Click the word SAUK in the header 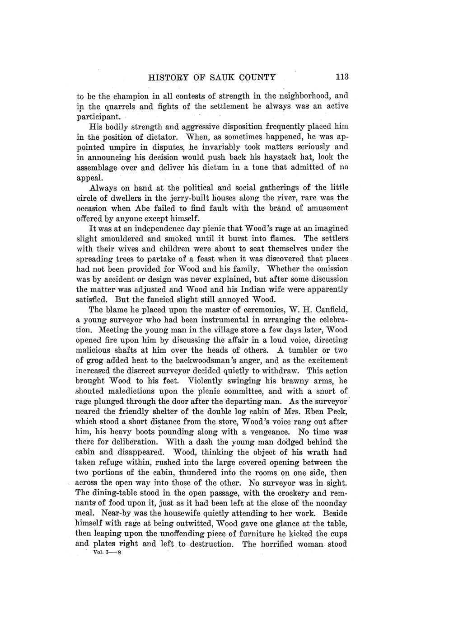220,77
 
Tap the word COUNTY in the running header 256,77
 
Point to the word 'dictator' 163,137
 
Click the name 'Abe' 143,208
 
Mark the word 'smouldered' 124,238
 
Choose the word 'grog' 97,360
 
